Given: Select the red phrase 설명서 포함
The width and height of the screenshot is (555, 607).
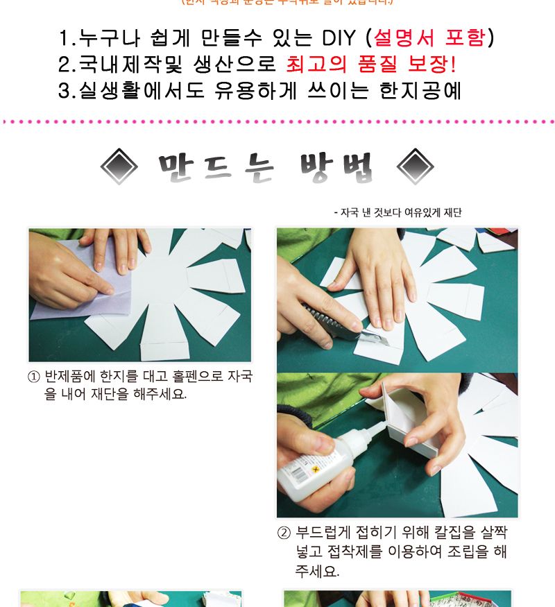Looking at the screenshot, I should point(429,37).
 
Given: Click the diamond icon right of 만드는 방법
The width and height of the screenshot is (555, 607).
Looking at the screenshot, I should point(415,166).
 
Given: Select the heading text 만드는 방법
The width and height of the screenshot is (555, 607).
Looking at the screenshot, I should point(268,166).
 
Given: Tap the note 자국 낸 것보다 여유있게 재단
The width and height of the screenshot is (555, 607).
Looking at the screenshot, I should point(398,213).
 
